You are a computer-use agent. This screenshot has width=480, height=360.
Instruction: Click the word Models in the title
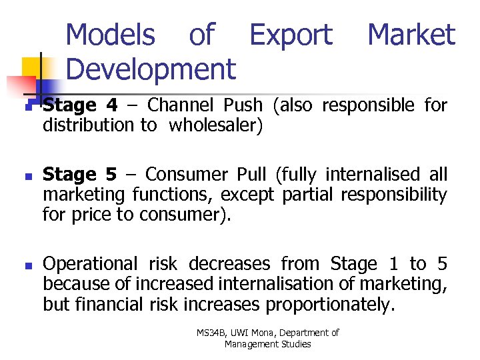(x=111, y=35)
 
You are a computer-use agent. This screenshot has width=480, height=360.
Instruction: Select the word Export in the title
(x=291, y=35)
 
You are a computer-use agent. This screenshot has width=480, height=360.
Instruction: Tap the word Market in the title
(x=411, y=35)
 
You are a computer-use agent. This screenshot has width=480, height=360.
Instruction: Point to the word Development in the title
(x=151, y=68)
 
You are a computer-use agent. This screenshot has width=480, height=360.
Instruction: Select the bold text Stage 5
(x=79, y=175)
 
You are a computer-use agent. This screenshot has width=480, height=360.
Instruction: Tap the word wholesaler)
(x=216, y=125)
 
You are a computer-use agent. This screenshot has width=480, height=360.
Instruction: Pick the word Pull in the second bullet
(x=248, y=175)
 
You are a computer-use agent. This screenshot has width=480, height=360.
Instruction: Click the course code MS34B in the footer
(x=211, y=333)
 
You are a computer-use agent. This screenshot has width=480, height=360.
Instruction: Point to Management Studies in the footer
(x=267, y=344)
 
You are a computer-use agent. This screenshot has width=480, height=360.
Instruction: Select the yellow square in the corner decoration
(x=31, y=67)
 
